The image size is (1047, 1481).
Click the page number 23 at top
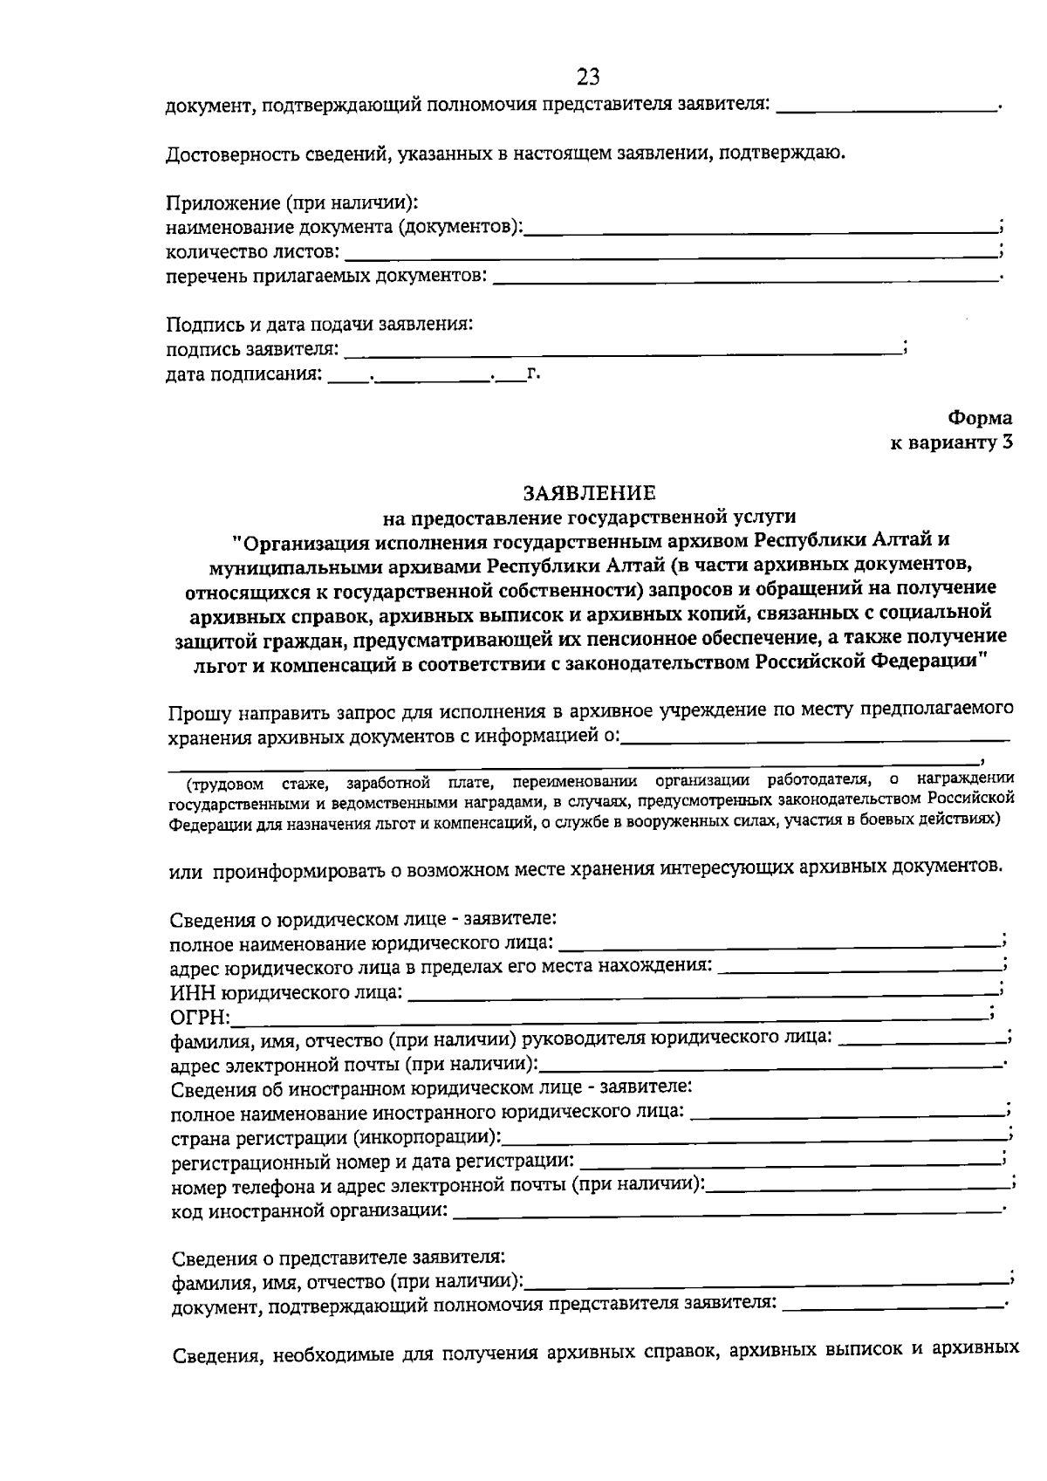(x=588, y=77)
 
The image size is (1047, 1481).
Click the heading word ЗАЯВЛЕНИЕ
(x=589, y=494)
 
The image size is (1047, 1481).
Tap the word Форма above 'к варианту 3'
(x=980, y=418)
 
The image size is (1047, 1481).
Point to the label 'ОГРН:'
(x=200, y=1018)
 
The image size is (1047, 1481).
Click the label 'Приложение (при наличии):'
(x=292, y=203)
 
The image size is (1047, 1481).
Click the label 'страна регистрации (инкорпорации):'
(x=336, y=1138)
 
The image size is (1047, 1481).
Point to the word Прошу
(x=199, y=713)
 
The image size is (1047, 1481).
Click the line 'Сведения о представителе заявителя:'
(x=338, y=1258)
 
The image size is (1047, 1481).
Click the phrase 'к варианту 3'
(x=950, y=442)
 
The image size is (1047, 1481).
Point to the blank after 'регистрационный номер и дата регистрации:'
(x=790, y=1162)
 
